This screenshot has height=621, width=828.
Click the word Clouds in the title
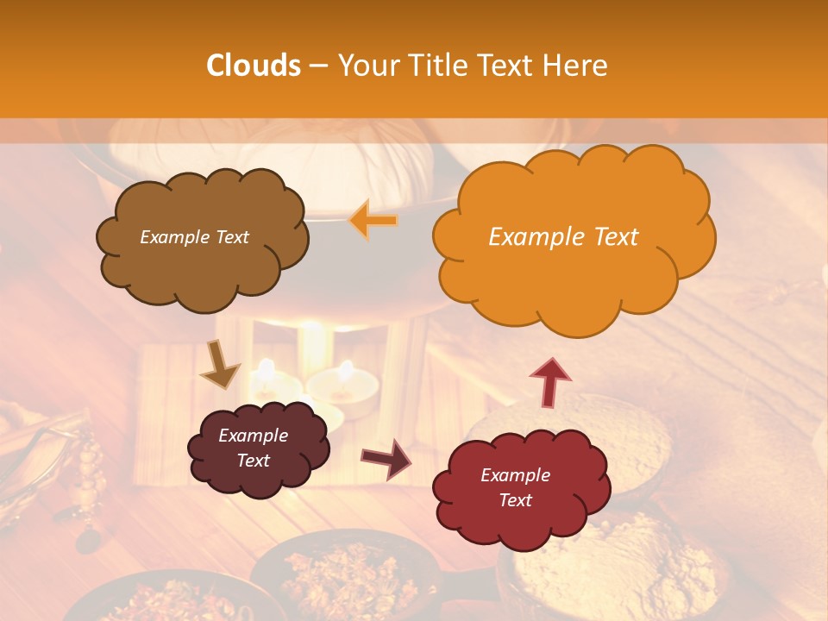(254, 66)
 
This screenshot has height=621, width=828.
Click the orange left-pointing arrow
(373, 220)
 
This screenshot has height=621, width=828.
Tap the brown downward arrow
(220, 364)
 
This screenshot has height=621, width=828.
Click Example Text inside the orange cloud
(563, 237)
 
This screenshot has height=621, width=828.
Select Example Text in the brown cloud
(194, 237)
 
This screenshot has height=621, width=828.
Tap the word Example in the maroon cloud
(254, 436)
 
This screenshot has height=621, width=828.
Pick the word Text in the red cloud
(516, 500)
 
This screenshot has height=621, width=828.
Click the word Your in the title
(365, 66)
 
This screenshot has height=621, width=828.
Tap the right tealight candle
(343, 392)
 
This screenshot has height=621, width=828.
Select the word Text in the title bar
(505, 66)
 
